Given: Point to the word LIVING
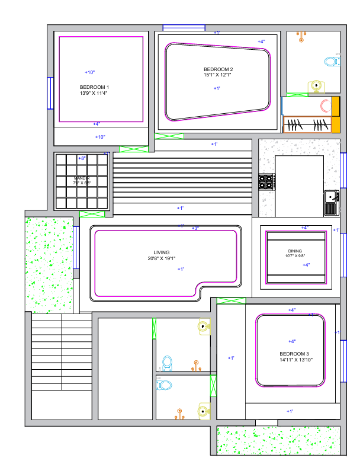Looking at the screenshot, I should tap(162, 252).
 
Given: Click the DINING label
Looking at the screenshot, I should tap(295, 251).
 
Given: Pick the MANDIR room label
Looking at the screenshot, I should tap(82, 178).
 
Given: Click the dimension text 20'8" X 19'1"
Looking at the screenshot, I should tap(162, 258).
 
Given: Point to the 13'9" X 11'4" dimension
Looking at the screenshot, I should tap(94, 93).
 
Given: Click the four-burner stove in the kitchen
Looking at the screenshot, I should tap(266, 181).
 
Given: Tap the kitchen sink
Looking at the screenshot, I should tap(331, 196).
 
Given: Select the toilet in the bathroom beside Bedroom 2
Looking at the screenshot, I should tap(332, 60).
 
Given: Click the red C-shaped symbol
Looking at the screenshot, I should tap(325, 106).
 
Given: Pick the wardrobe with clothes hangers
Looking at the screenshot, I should tap(307, 125).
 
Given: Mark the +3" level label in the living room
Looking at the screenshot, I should tap(195, 228).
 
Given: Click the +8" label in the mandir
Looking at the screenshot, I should tap(82, 158).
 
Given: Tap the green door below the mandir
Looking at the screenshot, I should tap(92, 215).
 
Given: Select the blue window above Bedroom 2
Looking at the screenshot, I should tap(184, 27).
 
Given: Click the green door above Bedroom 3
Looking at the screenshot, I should tap(231, 301).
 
